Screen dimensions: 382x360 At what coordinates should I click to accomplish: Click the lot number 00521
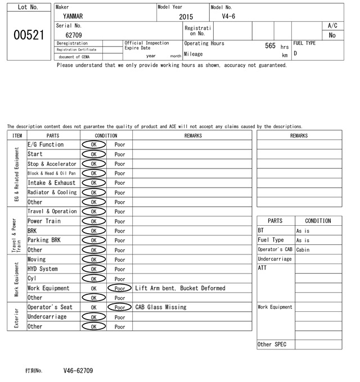[x=28, y=35]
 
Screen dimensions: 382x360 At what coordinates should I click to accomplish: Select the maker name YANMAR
[x=73, y=17]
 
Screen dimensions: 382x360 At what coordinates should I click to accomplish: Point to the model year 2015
[x=186, y=17]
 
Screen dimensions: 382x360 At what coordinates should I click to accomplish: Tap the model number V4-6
[x=228, y=17]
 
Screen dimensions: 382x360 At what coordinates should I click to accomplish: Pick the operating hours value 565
[x=270, y=46]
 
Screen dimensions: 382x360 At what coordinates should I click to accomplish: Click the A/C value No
[x=332, y=35]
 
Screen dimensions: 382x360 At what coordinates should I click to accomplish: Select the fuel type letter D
[x=295, y=54]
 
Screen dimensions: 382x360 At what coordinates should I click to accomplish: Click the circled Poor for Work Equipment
[x=119, y=288]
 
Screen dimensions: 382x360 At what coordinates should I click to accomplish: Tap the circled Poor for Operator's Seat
[x=119, y=307]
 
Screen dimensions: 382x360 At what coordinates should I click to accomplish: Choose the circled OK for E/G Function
[x=93, y=145]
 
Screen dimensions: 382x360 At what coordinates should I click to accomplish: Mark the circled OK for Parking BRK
[x=93, y=240]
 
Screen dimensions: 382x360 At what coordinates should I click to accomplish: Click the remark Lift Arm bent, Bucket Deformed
[x=180, y=288]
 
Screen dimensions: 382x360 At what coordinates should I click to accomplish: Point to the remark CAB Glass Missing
[x=160, y=307]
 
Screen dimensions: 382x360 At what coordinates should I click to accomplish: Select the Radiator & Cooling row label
[x=52, y=193]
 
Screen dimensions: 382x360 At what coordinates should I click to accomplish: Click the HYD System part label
[x=43, y=269]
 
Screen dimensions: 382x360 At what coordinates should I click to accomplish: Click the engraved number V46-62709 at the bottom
[x=78, y=371]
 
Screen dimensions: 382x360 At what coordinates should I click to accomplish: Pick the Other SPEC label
[x=272, y=344]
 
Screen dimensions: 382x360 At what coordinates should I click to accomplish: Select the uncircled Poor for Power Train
[x=119, y=221]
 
